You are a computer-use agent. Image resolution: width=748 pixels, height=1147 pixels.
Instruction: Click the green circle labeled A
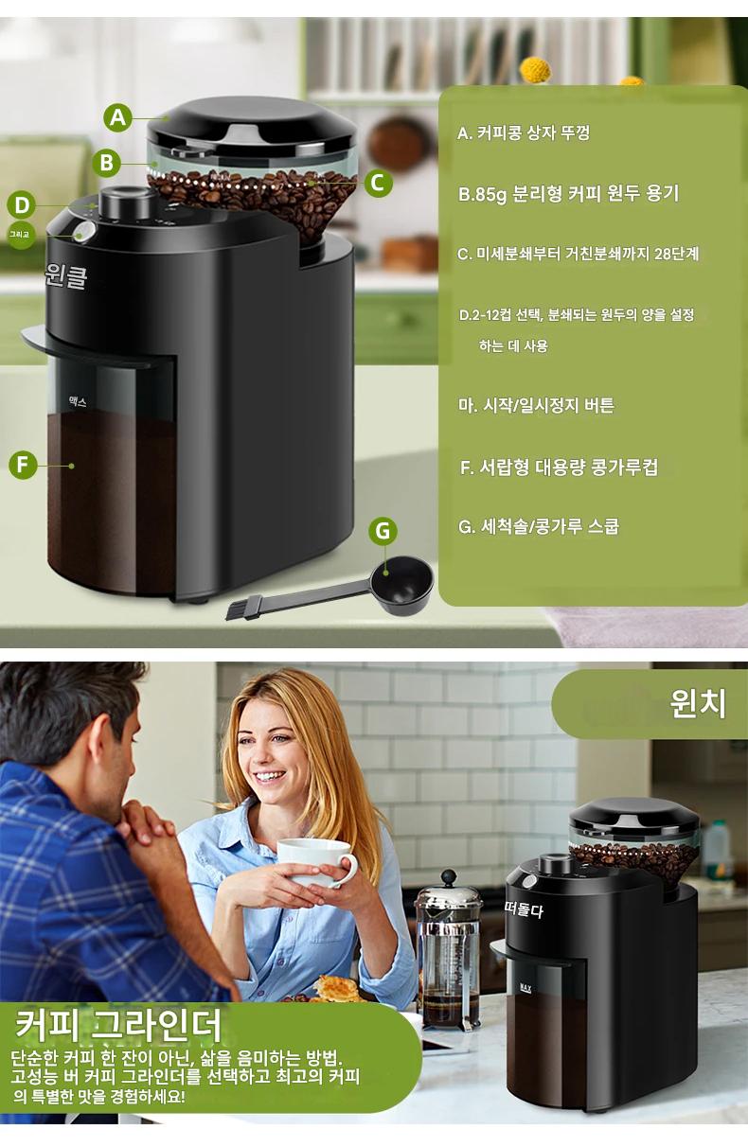click(117, 117)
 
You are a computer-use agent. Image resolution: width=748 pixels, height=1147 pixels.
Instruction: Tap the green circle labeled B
click(107, 163)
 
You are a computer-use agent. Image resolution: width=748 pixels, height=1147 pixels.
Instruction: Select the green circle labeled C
click(378, 183)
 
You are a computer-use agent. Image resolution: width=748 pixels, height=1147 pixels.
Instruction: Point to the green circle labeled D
click(22, 205)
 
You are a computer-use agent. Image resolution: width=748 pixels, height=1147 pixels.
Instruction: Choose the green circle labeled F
click(23, 465)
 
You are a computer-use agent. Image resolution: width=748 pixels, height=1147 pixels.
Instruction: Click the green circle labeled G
click(383, 531)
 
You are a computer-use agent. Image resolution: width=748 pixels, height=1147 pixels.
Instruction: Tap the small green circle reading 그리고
click(20, 235)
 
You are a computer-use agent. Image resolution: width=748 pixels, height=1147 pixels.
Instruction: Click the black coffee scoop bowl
click(401, 585)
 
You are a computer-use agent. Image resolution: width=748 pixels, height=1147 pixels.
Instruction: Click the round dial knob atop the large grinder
click(123, 203)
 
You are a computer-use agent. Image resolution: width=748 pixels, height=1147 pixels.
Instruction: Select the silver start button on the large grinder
click(84, 232)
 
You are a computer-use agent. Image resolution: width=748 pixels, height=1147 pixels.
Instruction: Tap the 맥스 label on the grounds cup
click(78, 402)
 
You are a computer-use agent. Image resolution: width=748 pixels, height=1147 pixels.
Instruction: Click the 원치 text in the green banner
click(698, 703)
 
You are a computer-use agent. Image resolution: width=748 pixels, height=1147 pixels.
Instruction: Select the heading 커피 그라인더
click(118, 1025)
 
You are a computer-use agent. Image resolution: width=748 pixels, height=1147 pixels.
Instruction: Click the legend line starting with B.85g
click(568, 194)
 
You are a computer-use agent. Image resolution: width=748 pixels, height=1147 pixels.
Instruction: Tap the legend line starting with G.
click(539, 526)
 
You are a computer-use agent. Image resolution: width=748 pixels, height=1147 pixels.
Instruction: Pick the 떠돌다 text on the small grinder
click(523, 909)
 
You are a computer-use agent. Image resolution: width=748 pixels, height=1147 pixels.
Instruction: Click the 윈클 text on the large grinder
click(65, 276)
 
